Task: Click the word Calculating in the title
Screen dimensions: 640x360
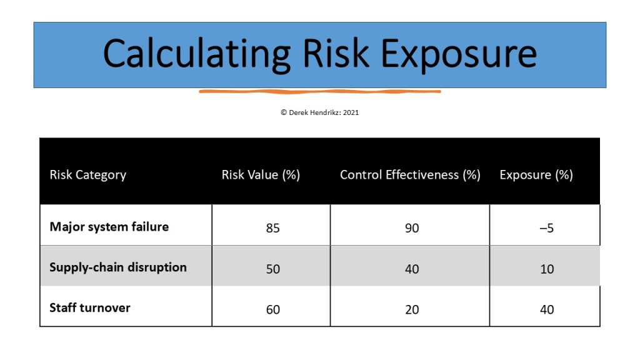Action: click(196, 55)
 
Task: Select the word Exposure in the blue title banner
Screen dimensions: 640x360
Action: click(459, 55)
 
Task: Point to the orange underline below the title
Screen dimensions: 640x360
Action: click(320, 91)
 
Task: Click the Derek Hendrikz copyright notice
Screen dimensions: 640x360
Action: click(319, 112)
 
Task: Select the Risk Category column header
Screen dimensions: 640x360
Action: click(87, 175)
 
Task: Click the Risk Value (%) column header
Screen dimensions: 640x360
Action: click(261, 175)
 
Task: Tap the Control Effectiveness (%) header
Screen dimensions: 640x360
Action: click(410, 175)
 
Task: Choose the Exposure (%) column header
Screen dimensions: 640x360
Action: click(536, 175)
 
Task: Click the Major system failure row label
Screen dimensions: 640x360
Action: click(109, 227)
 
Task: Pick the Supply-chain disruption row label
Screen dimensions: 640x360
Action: click(118, 267)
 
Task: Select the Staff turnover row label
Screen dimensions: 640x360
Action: click(90, 307)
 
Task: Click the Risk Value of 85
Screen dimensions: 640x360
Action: click(273, 227)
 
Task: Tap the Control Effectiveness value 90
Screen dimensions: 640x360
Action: click(412, 227)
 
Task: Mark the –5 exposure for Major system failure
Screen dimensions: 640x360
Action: click(546, 227)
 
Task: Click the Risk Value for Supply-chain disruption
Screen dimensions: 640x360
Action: click(273, 269)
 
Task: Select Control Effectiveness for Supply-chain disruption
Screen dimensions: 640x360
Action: click(412, 269)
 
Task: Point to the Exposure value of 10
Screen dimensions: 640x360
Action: click(547, 269)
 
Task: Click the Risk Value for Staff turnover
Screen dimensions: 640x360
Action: click(273, 309)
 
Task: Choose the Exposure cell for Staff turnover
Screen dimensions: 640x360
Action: click(547, 309)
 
